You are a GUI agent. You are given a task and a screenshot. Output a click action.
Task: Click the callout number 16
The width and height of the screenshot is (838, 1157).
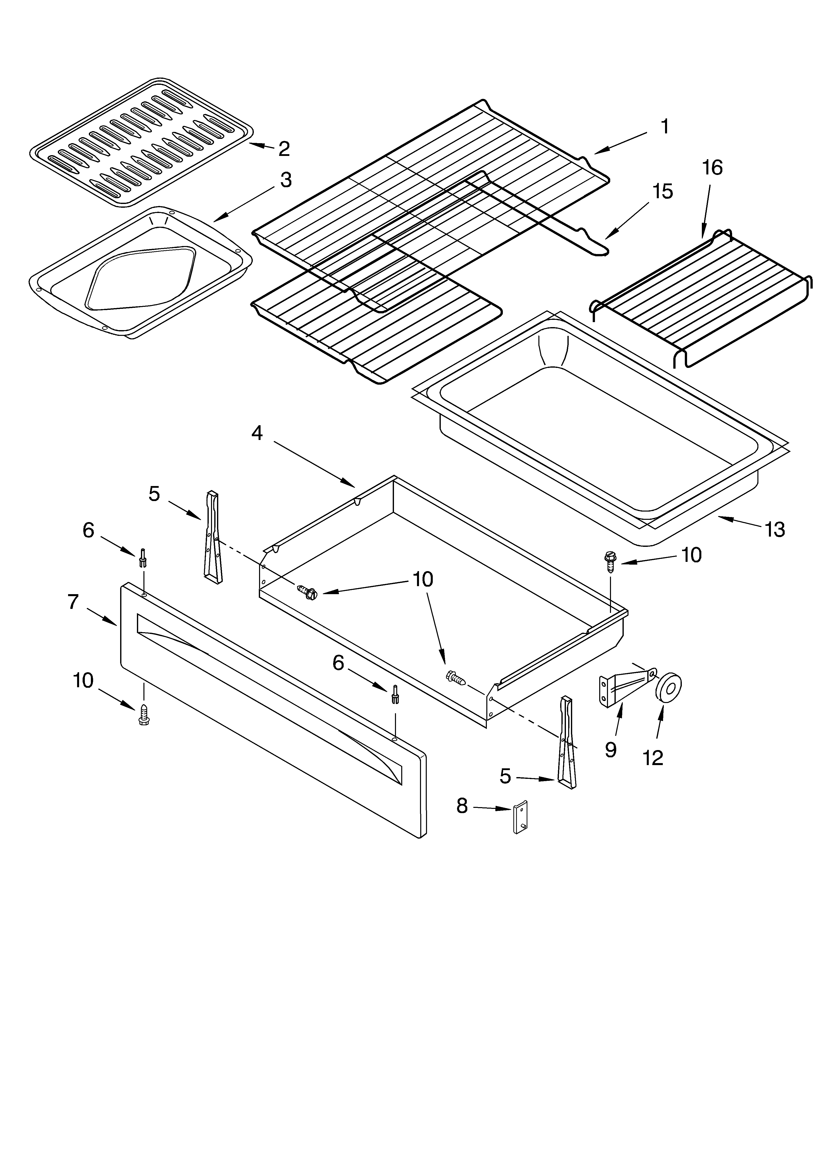coord(712,168)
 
